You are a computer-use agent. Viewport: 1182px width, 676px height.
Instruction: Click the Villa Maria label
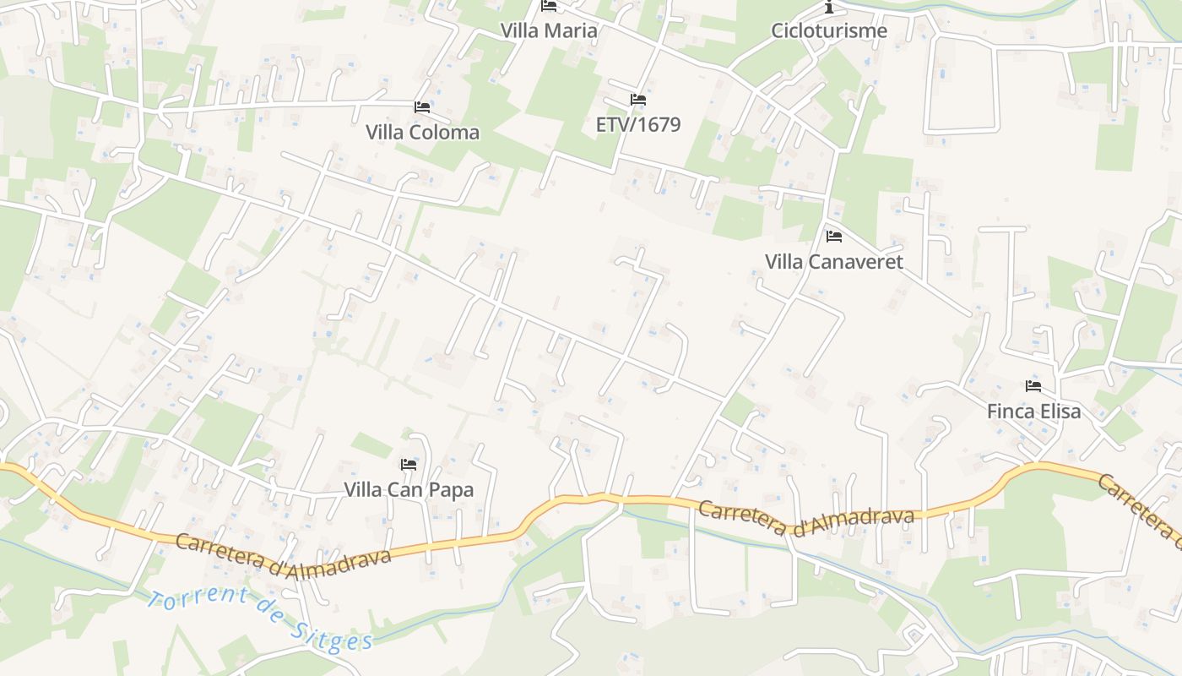click(x=549, y=30)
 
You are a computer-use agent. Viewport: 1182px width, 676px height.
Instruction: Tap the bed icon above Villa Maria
click(x=549, y=7)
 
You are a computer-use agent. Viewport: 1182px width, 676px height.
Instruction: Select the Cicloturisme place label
click(x=829, y=30)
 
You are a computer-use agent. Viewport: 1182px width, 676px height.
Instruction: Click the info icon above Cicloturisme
click(x=829, y=7)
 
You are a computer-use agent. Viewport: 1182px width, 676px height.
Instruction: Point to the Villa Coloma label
click(x=422, y=132)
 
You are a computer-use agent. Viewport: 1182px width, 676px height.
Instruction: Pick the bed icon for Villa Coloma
click(x=422, y=107)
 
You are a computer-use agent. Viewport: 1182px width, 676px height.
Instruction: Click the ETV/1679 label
click(x=638, y=124)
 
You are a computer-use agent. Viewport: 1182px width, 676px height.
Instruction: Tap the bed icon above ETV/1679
click(x=638, y=100)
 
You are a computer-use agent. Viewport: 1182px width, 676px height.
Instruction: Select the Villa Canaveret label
click(x=834, y=262)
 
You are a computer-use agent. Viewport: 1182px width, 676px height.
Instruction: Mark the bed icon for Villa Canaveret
click(x=834, y=237)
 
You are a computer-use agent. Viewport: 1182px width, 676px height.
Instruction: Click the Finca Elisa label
click(x=1034, y=412)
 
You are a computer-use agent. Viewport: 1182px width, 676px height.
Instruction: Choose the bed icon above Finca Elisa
click(x=1033, y=386)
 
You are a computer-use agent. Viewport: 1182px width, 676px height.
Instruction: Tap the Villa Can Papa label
click(x=409, y=489)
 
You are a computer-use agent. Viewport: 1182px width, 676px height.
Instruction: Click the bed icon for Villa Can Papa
click(x=409, y=465)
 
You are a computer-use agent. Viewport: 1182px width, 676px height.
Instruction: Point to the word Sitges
click(x=333, y=632)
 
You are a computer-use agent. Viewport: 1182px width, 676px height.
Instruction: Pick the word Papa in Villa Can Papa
click(x=452, y=489)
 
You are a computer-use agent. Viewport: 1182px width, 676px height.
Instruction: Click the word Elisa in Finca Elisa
click(x=1059, y=412)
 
